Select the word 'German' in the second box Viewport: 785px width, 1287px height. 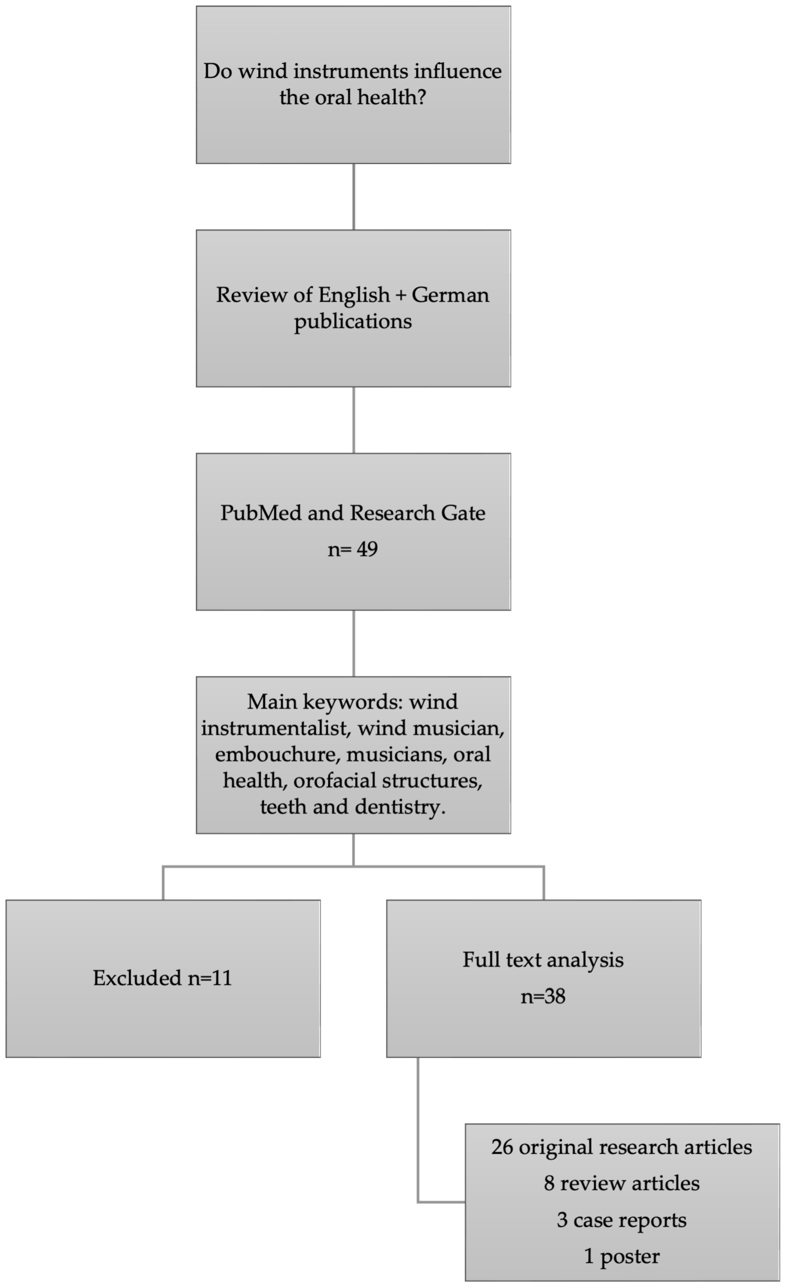(x=450, y=295)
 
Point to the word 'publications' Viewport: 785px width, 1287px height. (x=353, y=321)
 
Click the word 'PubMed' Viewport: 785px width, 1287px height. (x=261, y=513)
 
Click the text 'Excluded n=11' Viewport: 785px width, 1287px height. (x=162, y=978)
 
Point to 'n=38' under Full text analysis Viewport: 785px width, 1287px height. (x=543, y=996)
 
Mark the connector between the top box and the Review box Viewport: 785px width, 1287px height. (x=354, y=197)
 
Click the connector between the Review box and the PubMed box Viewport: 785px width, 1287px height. (x=354, y=420)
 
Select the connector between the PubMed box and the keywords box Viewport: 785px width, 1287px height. (x=354, y=644)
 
